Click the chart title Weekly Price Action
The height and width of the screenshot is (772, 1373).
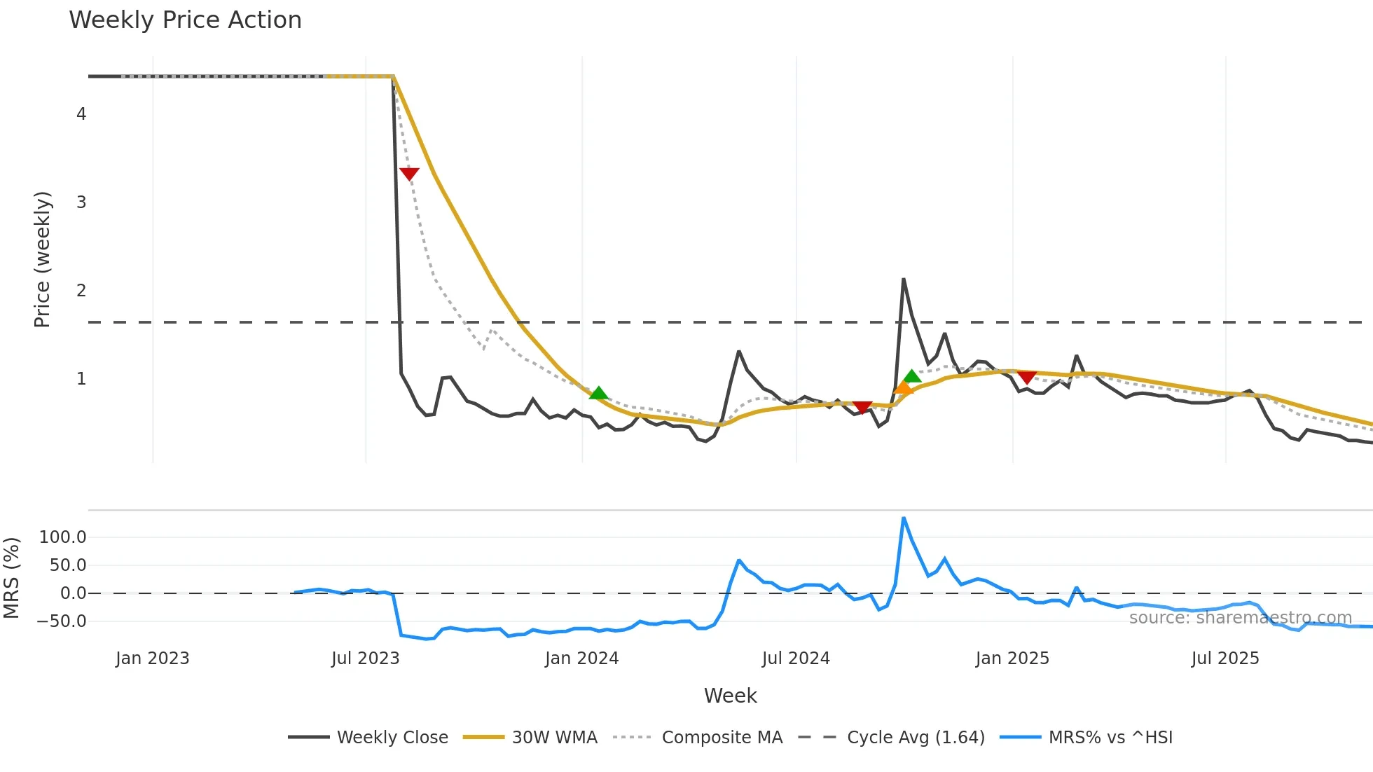pos(185,20)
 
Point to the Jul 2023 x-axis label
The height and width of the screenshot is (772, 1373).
pos(365,659)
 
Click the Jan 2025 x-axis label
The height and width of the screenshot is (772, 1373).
pos(1012,659)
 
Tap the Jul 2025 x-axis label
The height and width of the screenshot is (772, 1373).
pos(1224,659)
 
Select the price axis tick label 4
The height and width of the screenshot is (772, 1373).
pos(81,114)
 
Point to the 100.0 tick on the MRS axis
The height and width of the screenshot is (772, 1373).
pos(63,537)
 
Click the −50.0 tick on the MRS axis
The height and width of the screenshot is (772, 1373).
pos(62,621)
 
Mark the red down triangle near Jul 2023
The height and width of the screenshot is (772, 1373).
pos(409,174)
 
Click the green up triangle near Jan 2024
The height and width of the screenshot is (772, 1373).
pos(598,393)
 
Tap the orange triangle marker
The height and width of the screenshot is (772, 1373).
pos(903,388)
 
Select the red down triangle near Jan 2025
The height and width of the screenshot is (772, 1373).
pos(1026,378)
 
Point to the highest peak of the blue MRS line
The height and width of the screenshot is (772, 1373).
pos(904,518)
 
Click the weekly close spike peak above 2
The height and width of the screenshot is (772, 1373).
pos(904,280)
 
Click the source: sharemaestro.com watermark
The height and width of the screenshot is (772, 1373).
pos(1240,618)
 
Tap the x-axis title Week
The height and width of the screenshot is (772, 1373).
pos(730,696)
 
